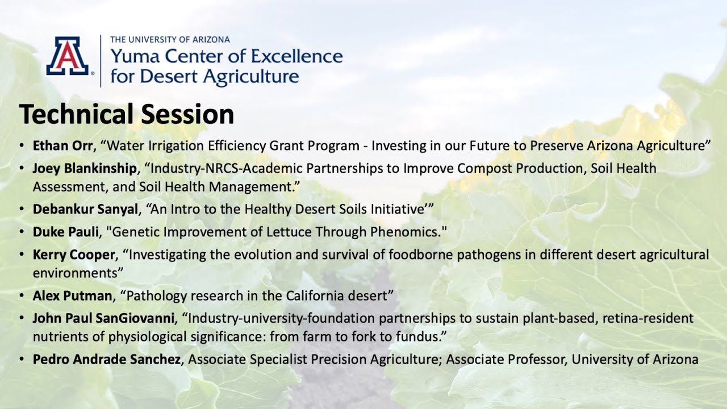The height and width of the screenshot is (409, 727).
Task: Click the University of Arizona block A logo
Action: (67, 56)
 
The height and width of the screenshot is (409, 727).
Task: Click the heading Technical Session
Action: (126, 114)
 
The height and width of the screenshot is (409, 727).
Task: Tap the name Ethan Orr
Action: (62, 145)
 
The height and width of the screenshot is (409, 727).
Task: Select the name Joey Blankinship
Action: (85, 169)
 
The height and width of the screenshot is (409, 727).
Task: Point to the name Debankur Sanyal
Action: (85, 209)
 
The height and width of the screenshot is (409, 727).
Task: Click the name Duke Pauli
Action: (65, 232)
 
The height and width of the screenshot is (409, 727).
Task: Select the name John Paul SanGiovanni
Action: (106, 318)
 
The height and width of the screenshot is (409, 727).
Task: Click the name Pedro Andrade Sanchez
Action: (106, 360)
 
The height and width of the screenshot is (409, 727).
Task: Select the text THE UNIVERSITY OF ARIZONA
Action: (170, 40)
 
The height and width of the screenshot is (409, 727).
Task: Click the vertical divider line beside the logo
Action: (101, 61)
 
